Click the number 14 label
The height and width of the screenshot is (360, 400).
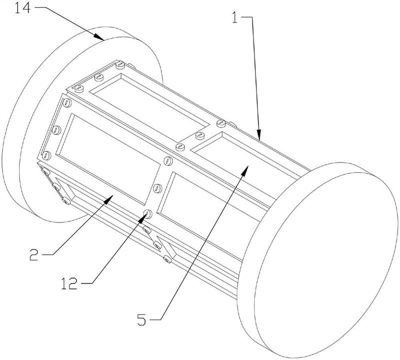[x=22, y=8]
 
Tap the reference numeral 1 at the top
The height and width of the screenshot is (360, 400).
[x=234, y=17]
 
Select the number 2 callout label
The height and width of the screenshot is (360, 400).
[x=34, y=254]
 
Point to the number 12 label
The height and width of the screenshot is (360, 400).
[x=69, y=283]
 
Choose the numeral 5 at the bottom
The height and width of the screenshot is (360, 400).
[x=142, y=319]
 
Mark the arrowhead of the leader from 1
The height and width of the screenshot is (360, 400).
[x=258, y=135]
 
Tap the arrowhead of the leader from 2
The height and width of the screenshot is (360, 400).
[x=107, y=199]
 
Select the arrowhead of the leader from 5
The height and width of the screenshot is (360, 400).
[x=244, y=170]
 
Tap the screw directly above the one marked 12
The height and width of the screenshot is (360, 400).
[x=157, y=188]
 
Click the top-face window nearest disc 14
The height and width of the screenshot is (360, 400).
[x=149, y=107]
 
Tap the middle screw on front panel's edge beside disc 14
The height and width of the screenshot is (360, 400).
[x=56, y=130]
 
